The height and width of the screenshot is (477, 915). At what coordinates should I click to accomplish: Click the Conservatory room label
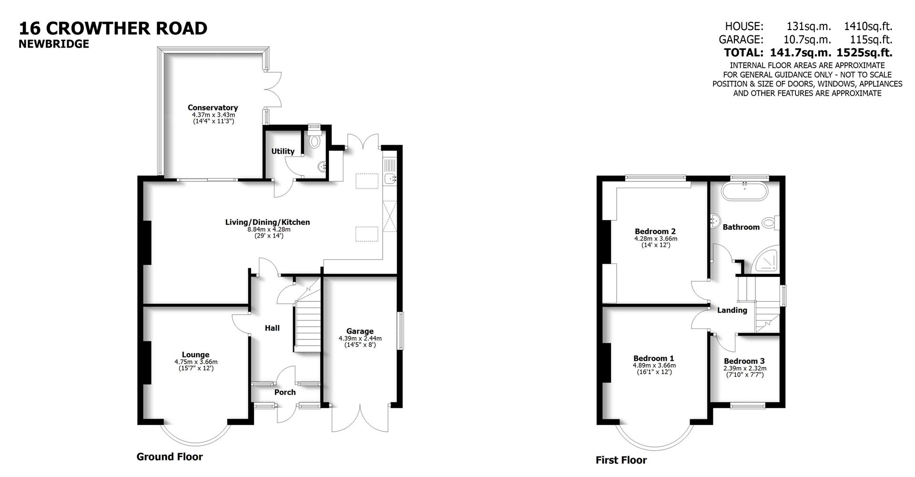(213, 108)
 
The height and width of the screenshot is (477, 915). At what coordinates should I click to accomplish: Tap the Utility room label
(283, 151)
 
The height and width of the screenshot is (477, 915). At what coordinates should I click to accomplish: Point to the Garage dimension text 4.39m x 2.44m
(360, 338)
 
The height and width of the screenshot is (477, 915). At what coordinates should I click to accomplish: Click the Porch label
(285, 392)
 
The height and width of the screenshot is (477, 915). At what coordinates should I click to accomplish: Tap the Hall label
(272, 328)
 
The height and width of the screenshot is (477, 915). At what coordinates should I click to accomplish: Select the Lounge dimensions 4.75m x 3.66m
(195, 362)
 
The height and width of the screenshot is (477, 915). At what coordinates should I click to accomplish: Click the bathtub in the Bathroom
(744, 192)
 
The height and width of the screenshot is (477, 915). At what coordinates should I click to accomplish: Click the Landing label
(732, 310)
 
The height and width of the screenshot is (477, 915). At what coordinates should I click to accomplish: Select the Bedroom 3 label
(744, 361)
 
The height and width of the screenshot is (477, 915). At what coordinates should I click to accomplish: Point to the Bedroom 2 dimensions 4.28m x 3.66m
(655, 239)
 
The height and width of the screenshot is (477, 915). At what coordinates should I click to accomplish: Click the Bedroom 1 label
(653, 358)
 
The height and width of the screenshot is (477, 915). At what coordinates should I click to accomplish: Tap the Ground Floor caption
(170, 457)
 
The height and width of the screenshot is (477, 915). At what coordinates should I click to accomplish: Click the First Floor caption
(621, 460)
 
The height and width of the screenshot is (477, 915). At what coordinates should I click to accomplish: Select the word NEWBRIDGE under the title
(54, 44)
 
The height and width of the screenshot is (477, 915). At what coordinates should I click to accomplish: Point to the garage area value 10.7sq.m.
(807, 40)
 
